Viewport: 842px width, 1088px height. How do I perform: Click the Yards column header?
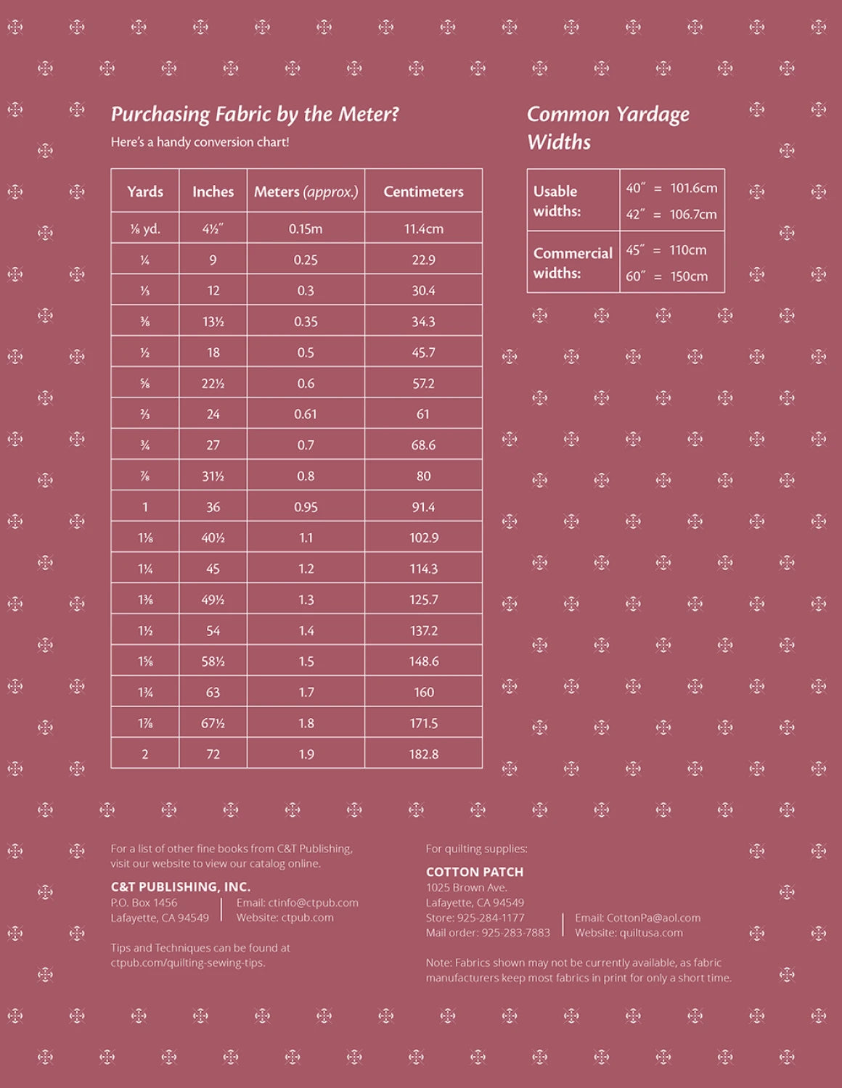coord(145,191)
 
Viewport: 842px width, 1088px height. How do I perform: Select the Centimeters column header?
coord(423,191)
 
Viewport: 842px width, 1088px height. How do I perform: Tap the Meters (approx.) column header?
coord(306,191)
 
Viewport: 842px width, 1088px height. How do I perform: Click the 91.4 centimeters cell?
coord(423,507)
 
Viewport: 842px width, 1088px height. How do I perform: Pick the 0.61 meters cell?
coord(306,414)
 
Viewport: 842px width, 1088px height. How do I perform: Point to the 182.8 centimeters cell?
coord(423,754)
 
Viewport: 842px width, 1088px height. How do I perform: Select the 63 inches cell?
coord(213,693)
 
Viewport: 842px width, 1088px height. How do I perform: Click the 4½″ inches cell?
coord(213,228)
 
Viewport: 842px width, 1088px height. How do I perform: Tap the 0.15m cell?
coord(306,228)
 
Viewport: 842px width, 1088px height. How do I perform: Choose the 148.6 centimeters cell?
coord(423,662)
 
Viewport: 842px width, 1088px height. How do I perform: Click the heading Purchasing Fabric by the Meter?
coord(255,115)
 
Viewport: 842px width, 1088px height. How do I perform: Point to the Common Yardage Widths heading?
coord(608,128)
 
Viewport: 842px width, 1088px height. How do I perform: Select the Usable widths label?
coord(557,201)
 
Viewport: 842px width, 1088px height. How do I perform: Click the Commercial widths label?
coord(573,263)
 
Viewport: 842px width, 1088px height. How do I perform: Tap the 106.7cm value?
coord(693,215)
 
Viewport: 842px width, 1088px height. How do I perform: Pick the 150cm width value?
coord(689,276)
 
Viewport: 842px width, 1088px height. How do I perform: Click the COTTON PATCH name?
coord(474,872)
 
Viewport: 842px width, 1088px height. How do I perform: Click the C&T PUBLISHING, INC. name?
coord(180,886)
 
